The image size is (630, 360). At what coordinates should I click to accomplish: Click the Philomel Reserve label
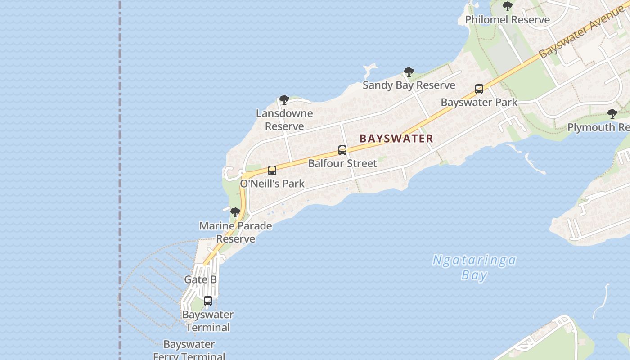coord(507,20)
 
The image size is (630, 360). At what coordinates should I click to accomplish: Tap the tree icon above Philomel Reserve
coord(508,6)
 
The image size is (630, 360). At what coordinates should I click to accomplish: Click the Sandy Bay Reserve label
coord(409,85)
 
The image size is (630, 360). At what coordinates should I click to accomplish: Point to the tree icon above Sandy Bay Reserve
coord(409,72)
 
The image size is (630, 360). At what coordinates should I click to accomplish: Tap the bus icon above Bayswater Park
coord(479,89)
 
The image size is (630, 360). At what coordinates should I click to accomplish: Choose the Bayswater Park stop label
coord(479,102)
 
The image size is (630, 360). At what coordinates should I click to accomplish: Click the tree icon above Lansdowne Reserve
coord(284,100)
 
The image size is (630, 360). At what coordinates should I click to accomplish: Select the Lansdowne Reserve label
coord(284,120)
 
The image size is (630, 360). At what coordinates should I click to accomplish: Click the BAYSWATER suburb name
coord(396,139)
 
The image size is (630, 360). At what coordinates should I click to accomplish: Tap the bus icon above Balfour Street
coord(342,150)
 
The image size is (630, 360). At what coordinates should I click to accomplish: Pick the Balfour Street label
coord(342,163)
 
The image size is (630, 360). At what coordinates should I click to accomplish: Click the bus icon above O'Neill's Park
coord(272,171)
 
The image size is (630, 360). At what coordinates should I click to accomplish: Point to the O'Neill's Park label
coord(272,184)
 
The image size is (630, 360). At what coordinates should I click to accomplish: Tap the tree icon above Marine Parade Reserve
coord(235,212)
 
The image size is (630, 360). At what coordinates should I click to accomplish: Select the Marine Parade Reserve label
coord(236,232)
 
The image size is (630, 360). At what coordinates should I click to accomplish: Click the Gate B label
coord(201,279)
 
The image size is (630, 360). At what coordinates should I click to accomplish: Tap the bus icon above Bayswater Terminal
coord(208,301)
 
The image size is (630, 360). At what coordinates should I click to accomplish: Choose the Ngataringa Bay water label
coord(474,267)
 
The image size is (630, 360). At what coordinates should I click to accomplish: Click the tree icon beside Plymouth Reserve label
coord(612,114)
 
